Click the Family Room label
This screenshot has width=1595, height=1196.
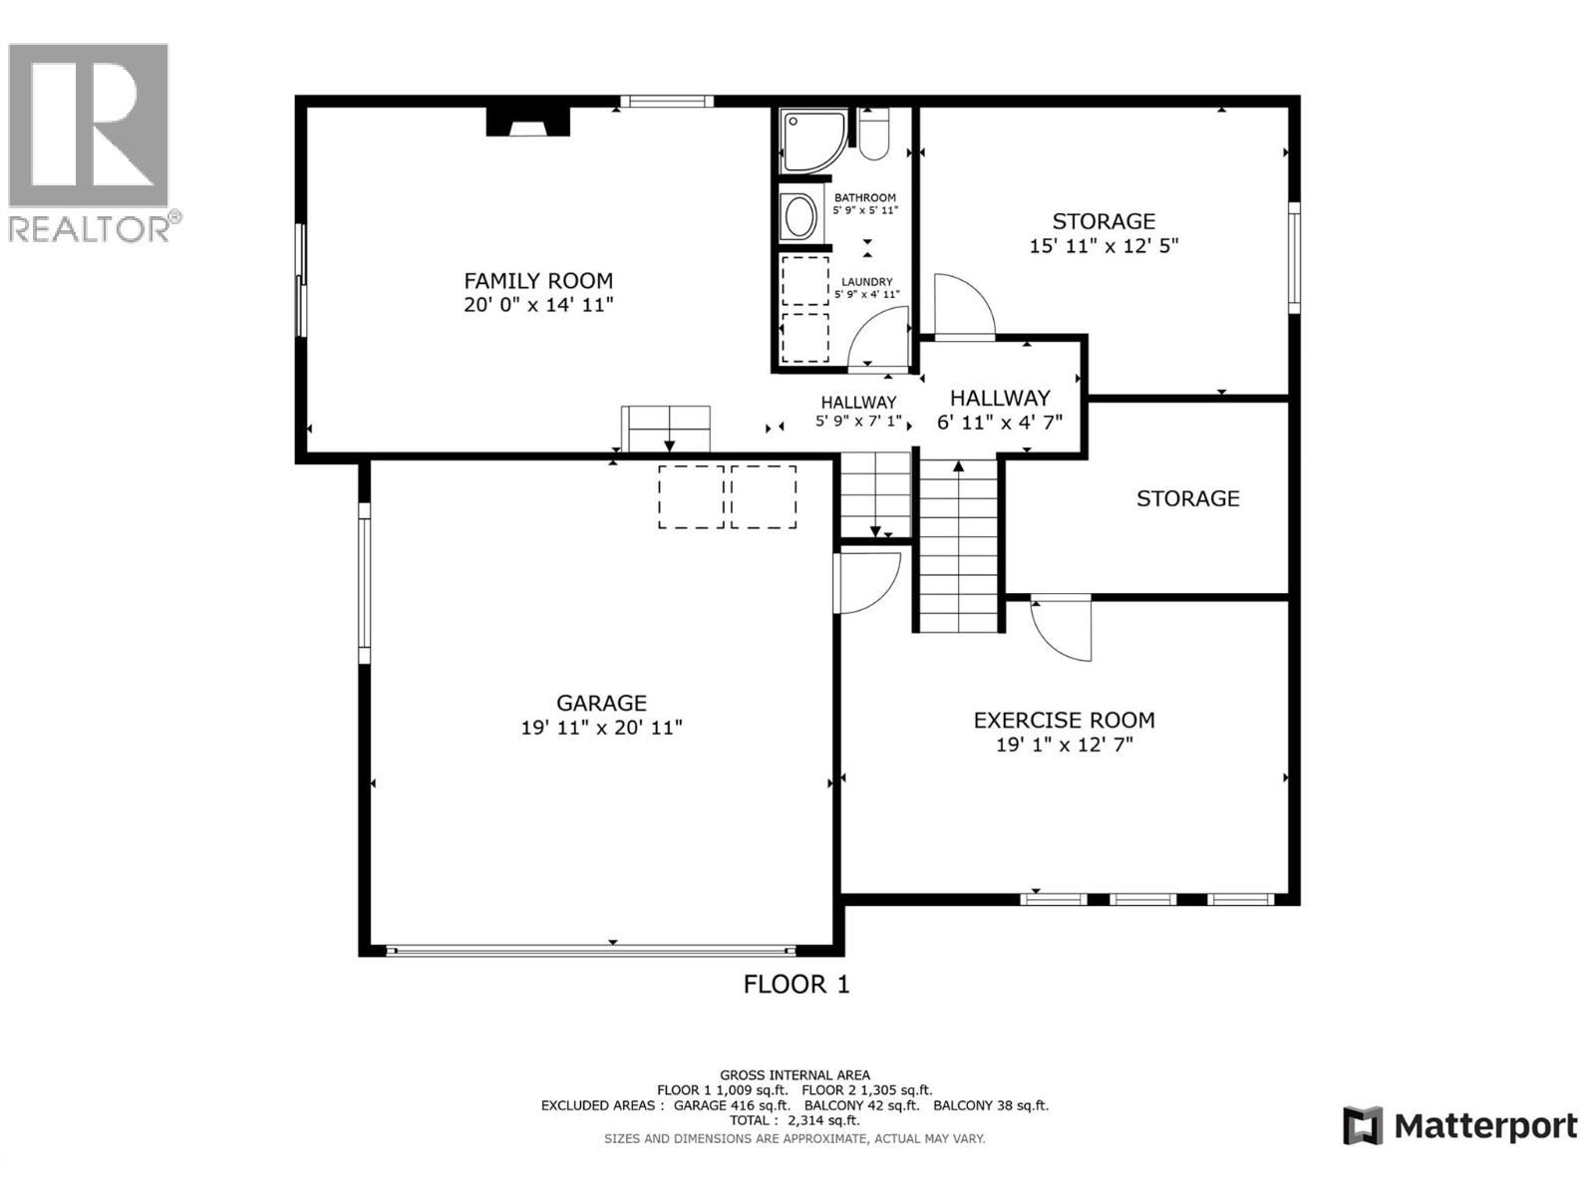[x=537, y=280]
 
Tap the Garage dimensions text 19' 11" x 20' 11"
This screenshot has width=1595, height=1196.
[x=601, y=727]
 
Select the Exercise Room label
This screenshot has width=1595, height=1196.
[x=1064, y=721]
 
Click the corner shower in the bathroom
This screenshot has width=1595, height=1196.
[x=813, y=142]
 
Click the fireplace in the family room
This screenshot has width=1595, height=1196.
[x=527, y=122]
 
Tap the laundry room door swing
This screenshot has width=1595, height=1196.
[x=878, y=339]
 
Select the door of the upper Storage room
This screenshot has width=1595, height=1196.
[x=964, y=306]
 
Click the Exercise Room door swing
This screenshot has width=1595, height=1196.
[x=1061, y=629]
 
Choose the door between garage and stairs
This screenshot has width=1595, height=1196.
[x=867, y=582]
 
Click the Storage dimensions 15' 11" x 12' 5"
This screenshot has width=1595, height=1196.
[x=1104, y=246]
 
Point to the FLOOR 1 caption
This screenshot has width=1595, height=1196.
[x=796, y=985]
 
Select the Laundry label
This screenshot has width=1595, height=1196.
[x=866, y=282]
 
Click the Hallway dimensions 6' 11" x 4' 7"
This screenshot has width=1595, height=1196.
[x=1000, y=423]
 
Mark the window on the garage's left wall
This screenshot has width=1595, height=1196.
[x=364, y=583]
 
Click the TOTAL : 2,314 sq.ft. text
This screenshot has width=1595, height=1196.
[x=795, y=1120]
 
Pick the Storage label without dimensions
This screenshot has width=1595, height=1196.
[x=1187, y=498]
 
